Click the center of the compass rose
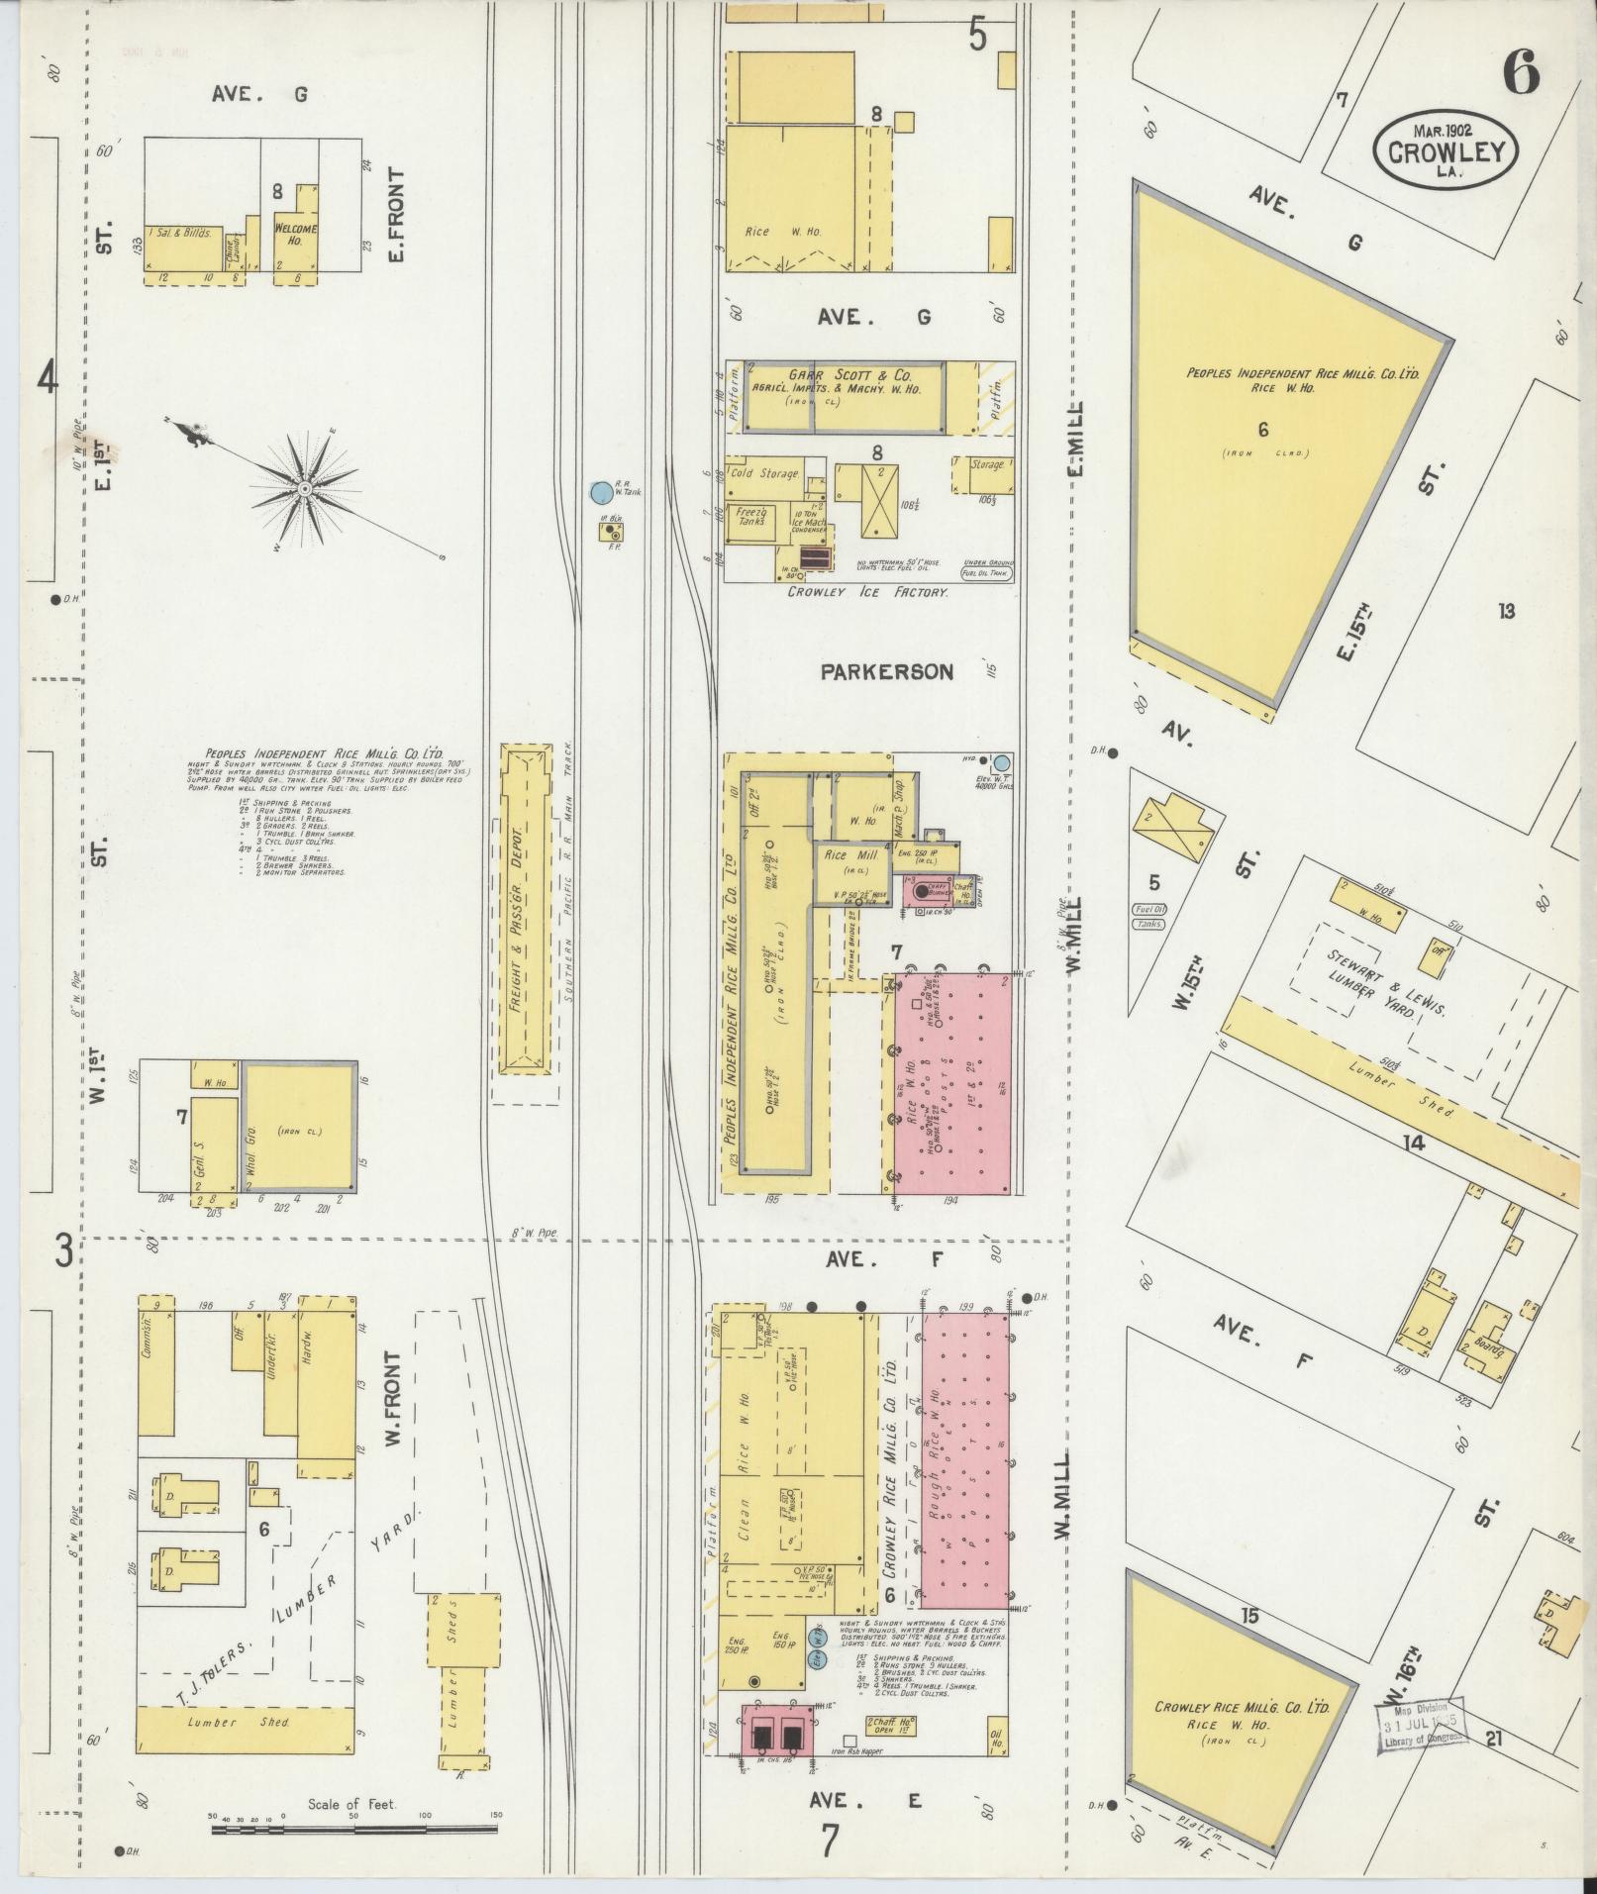(x=305, y=489)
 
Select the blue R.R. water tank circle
(x=599, y=491)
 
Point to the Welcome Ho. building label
(x=295, y=235)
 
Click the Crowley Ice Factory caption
(x=867, y=591)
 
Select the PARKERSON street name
(x=886, y=672)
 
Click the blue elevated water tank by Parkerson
(x=1001, y=763)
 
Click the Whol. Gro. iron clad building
(x=299, y=1129)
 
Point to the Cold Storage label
(x=764, y=473)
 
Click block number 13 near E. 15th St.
(x=1506, y=611)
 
